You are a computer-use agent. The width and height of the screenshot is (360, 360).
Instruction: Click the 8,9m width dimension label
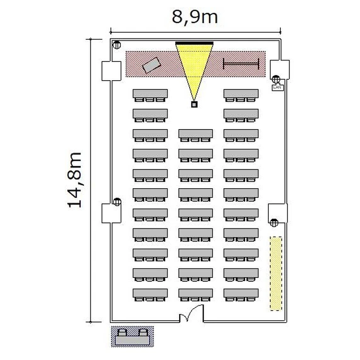tap(195, 17)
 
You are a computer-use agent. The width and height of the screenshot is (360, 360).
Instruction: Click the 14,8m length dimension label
tap(74, 180)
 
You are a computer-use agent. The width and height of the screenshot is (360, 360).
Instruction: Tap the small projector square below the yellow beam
tap(194, 105)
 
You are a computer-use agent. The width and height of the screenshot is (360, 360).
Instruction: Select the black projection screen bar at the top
tap(194, 43)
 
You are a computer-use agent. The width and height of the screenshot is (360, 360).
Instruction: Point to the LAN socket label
tap(277, 87)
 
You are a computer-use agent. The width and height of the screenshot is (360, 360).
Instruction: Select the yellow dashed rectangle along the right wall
tap(276, 274)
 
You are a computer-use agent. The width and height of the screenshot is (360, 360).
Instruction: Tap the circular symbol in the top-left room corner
tap(117, 45)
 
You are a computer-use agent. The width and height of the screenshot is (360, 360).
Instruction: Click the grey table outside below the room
tap(132, 340)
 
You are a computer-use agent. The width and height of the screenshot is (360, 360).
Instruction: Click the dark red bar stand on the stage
tap(241, 63)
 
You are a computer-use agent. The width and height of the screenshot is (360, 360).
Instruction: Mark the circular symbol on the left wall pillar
tap(117, 202)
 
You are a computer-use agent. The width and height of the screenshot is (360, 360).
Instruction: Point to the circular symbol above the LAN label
tap(276, 79)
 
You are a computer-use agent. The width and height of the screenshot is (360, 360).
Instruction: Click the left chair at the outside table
tap(122, 333)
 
